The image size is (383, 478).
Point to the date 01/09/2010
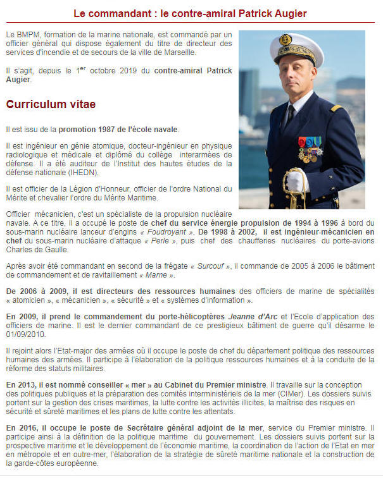point(27,334)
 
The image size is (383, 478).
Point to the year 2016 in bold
point(28,427)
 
